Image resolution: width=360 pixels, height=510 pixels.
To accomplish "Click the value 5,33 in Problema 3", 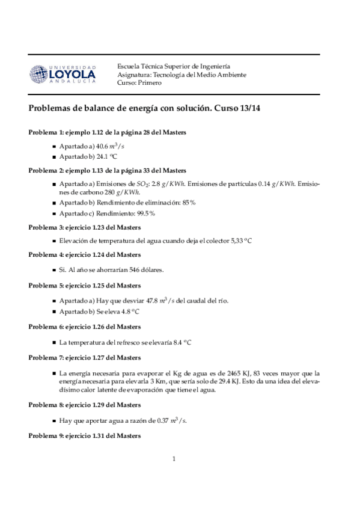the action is [x=237, y=241].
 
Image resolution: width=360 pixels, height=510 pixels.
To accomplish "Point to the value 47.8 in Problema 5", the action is [x=136, y=300].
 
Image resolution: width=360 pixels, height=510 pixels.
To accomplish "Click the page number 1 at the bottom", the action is [x=174, y=459].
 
